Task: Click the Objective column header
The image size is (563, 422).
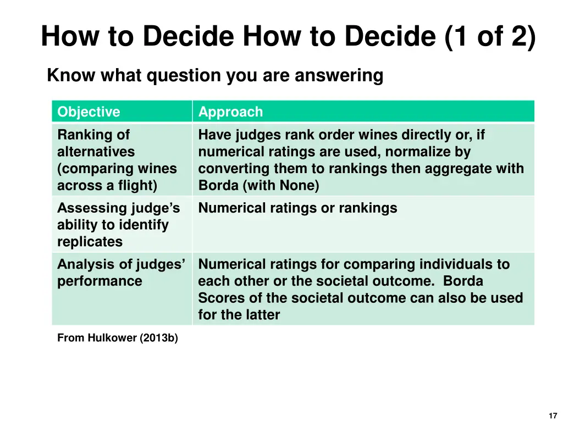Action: pos(89,112)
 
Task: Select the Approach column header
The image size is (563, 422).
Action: pos(230,112)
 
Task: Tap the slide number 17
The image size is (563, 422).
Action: pos(553,416)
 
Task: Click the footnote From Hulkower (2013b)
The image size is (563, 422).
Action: pos(118,338)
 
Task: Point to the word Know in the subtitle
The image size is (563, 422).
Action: pos(64,75)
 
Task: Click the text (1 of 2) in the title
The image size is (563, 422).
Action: pos(489,37)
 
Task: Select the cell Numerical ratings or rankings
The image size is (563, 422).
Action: pos(297,208)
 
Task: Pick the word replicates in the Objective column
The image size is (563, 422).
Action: pos(90,242)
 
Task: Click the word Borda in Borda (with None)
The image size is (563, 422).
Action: pos(217,186)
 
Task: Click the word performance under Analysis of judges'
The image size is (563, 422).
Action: pos(100,281)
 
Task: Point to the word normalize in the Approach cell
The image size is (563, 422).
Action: pos(412,152)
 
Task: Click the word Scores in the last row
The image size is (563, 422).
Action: pos(220,298)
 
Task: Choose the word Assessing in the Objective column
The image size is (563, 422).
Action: pos(92,208)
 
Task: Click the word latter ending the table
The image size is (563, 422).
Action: pos(261,315)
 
